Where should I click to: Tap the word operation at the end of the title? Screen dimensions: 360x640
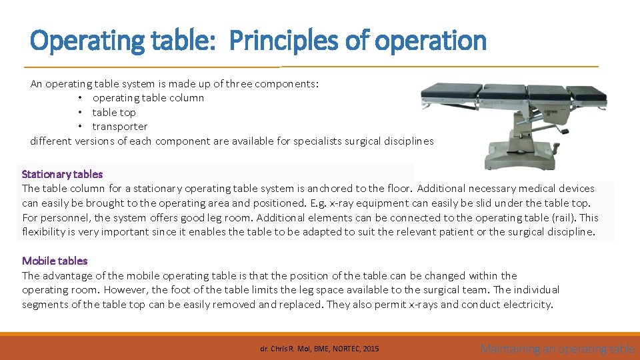[x=431, y=41]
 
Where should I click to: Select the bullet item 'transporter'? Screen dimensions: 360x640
[x=120, y=127]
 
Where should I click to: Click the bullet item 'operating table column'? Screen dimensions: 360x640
[x=148, y=98]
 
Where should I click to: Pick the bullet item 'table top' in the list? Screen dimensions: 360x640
[x=114, y=113]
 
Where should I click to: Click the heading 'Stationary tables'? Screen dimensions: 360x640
[x=62, y=174]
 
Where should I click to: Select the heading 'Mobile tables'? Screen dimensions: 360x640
[x=55, y=261]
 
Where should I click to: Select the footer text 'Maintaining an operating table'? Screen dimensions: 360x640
[x=557, y=348]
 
